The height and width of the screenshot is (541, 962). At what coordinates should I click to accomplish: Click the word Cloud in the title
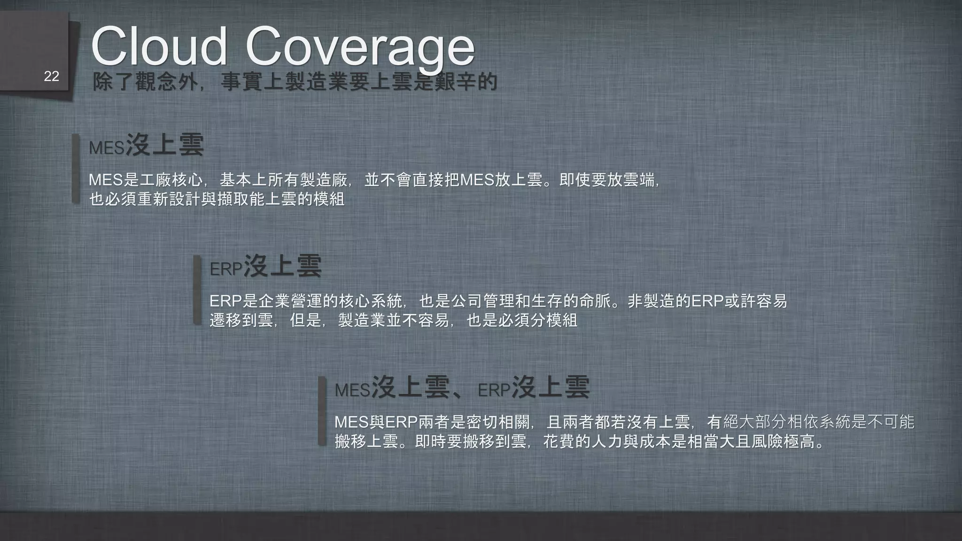click(159, 46)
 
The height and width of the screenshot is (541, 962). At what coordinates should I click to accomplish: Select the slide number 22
click(51, 77)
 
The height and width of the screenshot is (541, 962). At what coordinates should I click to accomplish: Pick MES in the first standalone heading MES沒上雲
click(106, 148)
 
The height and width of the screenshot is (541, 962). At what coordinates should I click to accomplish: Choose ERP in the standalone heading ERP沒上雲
click(225, 269)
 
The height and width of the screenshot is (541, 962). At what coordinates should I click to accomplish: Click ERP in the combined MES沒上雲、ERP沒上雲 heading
click(494, 390)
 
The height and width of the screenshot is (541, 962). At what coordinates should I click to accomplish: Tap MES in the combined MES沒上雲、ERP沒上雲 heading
click(352, 390)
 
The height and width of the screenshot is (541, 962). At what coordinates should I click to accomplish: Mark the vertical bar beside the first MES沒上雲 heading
click(76, 169)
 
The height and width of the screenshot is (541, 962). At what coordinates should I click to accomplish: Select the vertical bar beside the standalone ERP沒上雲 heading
click(197, 290)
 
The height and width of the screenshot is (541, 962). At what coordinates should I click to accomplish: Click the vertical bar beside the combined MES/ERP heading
click(322, 411)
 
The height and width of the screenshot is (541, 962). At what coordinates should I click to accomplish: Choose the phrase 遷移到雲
click(241, 320)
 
